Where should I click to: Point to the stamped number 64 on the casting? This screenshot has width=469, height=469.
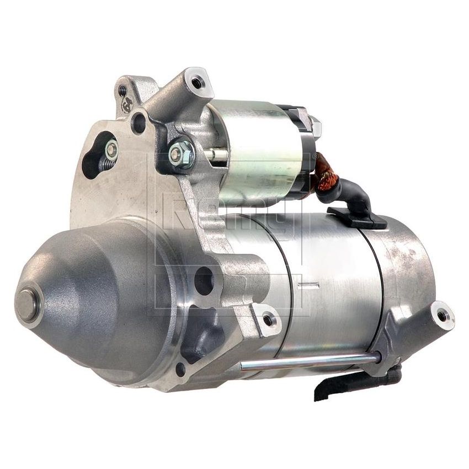(x=126, y=103)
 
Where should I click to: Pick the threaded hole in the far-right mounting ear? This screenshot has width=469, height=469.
(x=443, y=315)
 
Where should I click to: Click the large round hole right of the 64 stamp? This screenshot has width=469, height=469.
(x=138, y=122)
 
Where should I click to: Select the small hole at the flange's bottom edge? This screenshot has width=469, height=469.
(x=180, y=369)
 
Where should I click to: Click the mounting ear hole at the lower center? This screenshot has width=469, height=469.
(x=268, y=320)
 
